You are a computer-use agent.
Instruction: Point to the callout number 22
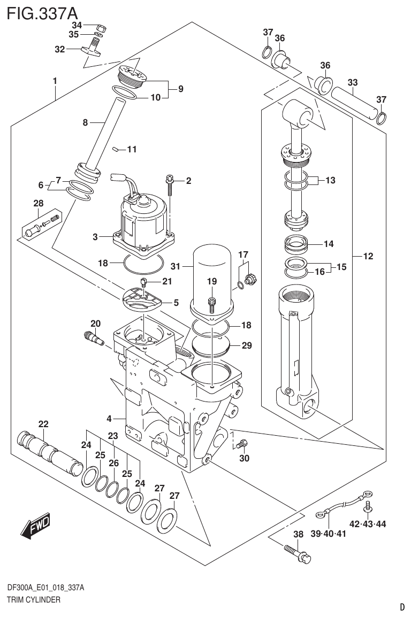[x=43, y=424]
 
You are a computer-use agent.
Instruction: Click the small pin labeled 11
[x=115, y=150]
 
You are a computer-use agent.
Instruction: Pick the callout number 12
[x=368, y=257]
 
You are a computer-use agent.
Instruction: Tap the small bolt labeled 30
[x=243, y=443]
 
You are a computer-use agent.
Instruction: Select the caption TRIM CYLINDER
[x=34, y=599]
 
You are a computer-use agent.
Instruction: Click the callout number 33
[x=352, y=82]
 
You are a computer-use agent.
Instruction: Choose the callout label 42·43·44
[x=368, y=523]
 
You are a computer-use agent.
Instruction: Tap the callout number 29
[x=246, y=345]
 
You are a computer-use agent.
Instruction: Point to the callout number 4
[x=109, y=418]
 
